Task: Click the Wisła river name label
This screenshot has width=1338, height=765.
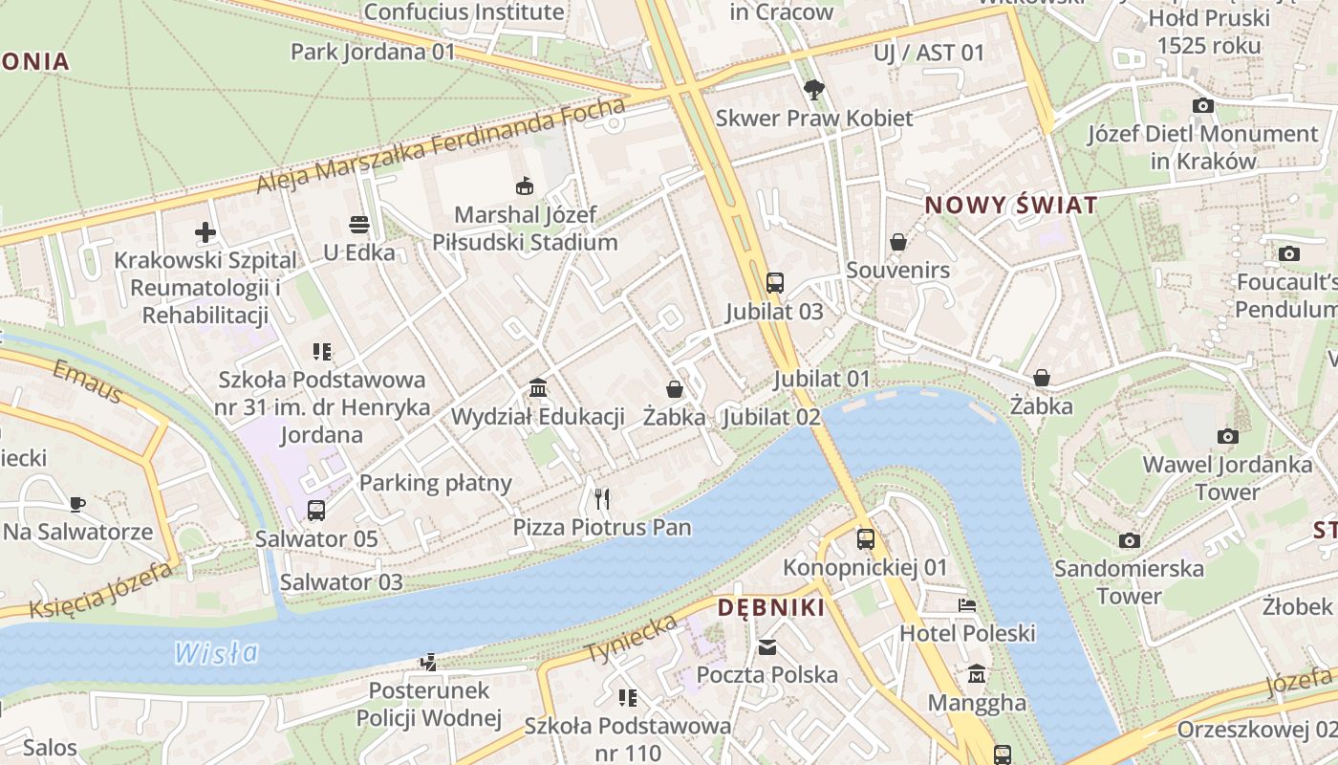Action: pyautogui.click(x=217, y=653)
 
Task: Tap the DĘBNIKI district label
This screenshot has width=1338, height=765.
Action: pyautogui.click(x=770, y=607)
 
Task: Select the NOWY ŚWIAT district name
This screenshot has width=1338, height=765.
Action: pyautogui.click(x=1011, y=206)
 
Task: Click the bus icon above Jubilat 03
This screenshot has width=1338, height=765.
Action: pyautogui.click(x=774, y=283)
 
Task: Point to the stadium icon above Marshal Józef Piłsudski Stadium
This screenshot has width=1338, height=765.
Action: pyautogui.click(x=524, y=186)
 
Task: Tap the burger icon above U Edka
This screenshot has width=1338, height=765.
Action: pyautogui.click(x=359, y=225)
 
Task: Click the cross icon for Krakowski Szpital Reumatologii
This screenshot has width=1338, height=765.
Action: pyautogui.click(x=205, y=231)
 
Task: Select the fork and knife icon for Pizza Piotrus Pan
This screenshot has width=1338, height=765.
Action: pyautogui.click(x=602, y=498)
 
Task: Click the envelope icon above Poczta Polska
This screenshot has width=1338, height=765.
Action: pyautogui.click(x=767, y=647)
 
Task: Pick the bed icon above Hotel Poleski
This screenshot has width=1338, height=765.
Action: pyautogui.click(x=967, y=605)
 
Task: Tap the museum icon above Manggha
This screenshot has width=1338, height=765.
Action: pyautogui.click(x=977, y=675)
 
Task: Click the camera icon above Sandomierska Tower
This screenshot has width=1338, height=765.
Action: pyautogui.click(x=1130, y=540)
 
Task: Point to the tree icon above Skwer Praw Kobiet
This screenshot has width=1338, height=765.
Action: pyautogui.click(x=814, y=90)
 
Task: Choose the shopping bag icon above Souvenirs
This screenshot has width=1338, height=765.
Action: pyautogui.click(x=898, y=242)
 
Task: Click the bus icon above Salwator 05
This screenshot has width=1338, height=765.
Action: pyautogui.click(x=316, y=511)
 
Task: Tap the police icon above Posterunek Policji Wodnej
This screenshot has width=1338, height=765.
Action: pyautogui.click(x=429, y=662)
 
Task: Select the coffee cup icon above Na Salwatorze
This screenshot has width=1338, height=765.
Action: pyautogui.click(x=77, y=504)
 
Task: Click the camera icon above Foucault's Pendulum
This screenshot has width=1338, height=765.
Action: pyautogui.click(x=1288, y=253)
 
